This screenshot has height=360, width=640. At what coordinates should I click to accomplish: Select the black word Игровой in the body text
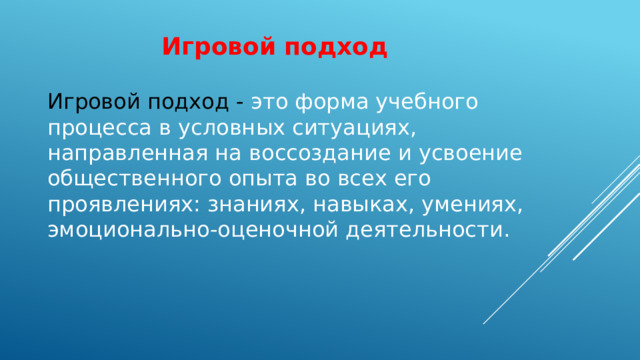pyautogui.click(x=94, y=102)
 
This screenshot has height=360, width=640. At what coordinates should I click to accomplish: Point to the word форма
pyautogui.click(x=334, y=102)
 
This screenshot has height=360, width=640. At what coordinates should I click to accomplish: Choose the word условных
pyautogui.click(x=212, y=128)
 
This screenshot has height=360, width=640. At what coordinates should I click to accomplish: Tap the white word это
pyautogui.click(x=268, y=102)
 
